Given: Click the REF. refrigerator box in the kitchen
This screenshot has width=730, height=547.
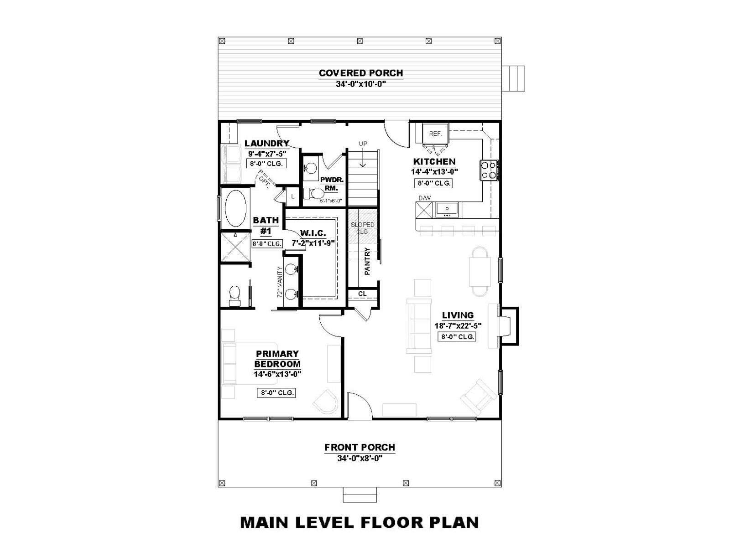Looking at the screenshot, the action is click(435, 134).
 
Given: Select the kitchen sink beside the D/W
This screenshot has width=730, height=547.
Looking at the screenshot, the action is click(447, 210).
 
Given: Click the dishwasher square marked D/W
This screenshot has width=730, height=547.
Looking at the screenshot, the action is click(424, 210).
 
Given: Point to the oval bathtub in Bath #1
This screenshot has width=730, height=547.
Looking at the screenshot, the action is click(235, 208).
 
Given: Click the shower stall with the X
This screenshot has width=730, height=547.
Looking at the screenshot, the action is click(235, 247).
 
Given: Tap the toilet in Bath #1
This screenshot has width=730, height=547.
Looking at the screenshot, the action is click(235, 295).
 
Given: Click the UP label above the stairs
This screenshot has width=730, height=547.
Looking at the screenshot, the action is click(363, 144).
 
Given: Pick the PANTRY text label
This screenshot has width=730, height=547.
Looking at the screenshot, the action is click(367, 261).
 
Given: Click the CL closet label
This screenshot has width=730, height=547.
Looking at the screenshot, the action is click(362, 294).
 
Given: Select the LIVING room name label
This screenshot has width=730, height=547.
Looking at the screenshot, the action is click(458, 315).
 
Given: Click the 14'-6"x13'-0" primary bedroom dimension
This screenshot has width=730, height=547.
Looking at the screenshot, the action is click(277, 374).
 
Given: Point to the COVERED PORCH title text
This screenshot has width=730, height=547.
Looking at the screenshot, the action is click(361, 73).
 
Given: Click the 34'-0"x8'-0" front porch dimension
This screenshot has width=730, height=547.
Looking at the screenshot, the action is click(360, 459).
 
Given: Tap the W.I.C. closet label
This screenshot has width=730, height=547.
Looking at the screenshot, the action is click(313, 233).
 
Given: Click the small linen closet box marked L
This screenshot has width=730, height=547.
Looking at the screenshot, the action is click(292, 196).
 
